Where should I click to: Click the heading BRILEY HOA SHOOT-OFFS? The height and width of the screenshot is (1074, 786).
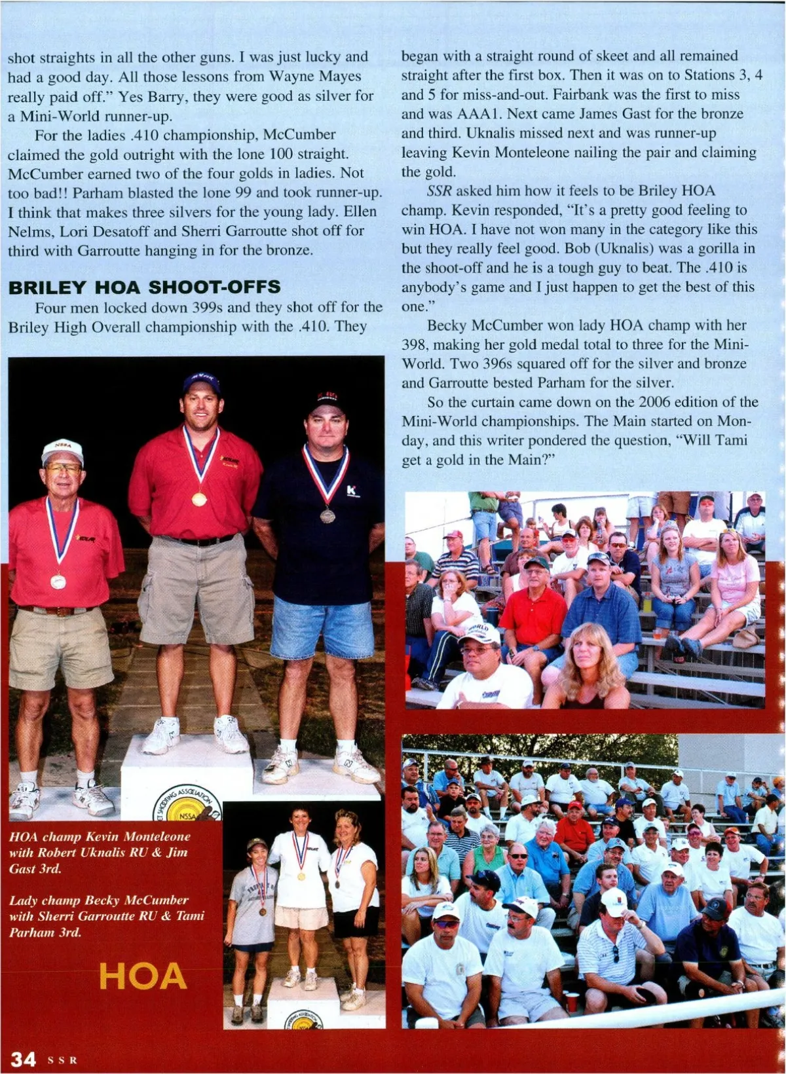(x=144, y=287)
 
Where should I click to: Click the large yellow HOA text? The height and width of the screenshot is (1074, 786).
(x=143, y=976)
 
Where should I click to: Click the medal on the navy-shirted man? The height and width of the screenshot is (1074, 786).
(x=327, y=515)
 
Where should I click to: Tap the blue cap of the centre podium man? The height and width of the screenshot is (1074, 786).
(x=202, y=381)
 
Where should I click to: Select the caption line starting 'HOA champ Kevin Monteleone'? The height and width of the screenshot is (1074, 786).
(x=100, y=836)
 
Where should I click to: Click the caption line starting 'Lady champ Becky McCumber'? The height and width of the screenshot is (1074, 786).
(x=98, y=900)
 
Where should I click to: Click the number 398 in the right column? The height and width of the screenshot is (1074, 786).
(x=414, y=344)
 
